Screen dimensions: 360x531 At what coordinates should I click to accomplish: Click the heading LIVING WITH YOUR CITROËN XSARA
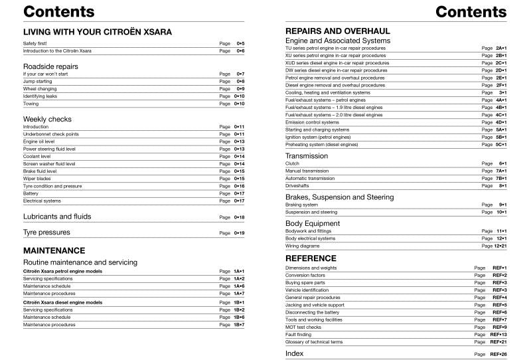(x=97, y=32)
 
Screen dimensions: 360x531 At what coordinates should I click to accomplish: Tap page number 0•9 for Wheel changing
(x=240, y=89)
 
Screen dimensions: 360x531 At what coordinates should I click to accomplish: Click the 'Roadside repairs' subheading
(x=50, y=66)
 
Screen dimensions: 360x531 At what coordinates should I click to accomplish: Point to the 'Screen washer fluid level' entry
(x=49, y=163)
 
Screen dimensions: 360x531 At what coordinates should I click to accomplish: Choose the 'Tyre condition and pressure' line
(x=52, y=186)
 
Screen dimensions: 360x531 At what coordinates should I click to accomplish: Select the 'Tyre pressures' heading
(x=46, y=232)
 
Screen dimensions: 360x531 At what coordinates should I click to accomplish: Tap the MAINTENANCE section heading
(x=54, y=250)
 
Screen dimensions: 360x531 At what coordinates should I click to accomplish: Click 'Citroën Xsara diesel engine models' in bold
(x=62, y=302)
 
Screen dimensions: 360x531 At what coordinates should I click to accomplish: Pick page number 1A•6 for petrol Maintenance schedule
(x=240, y=286)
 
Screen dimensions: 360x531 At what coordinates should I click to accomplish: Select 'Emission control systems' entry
(x=312, y=122)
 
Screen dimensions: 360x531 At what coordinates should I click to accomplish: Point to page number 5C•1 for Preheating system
(x=500, y=144)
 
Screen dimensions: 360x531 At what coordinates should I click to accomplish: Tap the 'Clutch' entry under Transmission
(x=292, y=163)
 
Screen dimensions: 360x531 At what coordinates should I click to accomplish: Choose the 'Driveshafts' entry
(x=297, y=186)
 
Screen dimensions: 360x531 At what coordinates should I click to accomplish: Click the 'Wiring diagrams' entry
(x=303, y=246)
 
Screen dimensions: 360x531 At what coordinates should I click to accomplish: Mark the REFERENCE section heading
(x=311, y=258)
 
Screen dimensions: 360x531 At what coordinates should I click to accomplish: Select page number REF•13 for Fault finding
(x=498, y=334)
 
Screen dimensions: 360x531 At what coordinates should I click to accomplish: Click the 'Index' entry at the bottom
(x=295, y=353)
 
